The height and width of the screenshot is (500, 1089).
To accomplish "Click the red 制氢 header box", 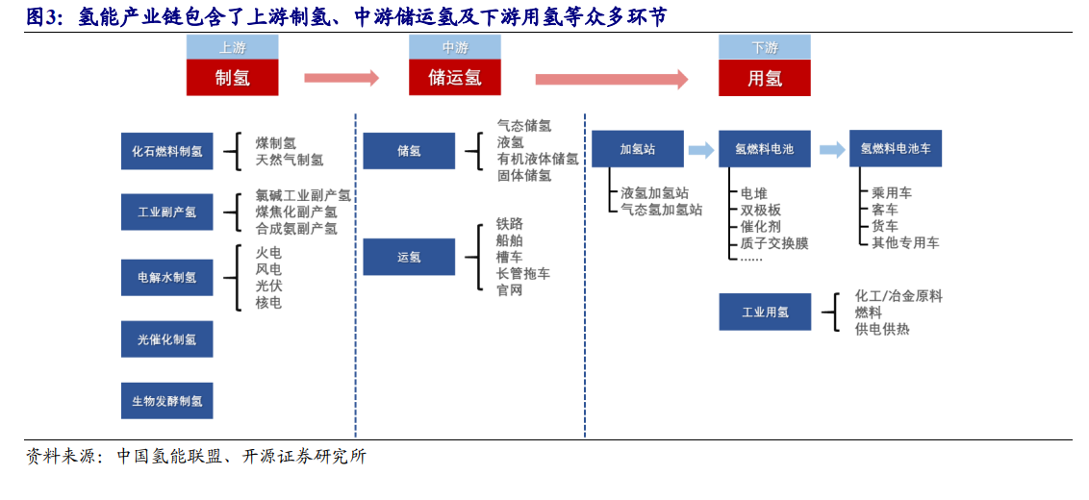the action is pos(232,77).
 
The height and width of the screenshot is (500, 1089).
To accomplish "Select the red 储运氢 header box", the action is pos(455,77).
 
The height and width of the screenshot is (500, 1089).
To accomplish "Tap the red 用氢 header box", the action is pos(765,77).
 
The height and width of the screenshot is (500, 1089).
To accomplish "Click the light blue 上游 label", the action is pos(232,47).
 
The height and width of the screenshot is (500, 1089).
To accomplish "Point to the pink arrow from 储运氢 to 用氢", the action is pos(611,79).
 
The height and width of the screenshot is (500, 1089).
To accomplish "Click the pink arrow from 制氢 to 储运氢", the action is pos(342,78).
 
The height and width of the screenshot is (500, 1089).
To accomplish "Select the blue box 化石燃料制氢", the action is pos(167,151).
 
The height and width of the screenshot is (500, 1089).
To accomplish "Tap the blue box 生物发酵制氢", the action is pos(167,401).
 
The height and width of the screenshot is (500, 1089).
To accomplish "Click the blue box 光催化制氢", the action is pos(167,338).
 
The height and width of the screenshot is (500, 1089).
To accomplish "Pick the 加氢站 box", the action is pos(638,149).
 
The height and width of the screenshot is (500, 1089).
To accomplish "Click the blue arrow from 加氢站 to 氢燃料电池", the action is pos(701,149).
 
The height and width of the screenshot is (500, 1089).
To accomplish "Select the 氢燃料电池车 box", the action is pos(896,149).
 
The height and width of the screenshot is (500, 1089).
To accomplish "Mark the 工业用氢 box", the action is pos(765,312).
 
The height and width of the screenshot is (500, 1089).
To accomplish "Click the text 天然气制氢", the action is pos(289,160).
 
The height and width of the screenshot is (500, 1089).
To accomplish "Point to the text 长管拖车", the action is pos(523,274).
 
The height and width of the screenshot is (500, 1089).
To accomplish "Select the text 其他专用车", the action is pos(905,242).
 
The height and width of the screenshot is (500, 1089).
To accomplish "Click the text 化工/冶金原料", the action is pos(899,296).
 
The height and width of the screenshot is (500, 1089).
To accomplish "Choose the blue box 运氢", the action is pos(409,257).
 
